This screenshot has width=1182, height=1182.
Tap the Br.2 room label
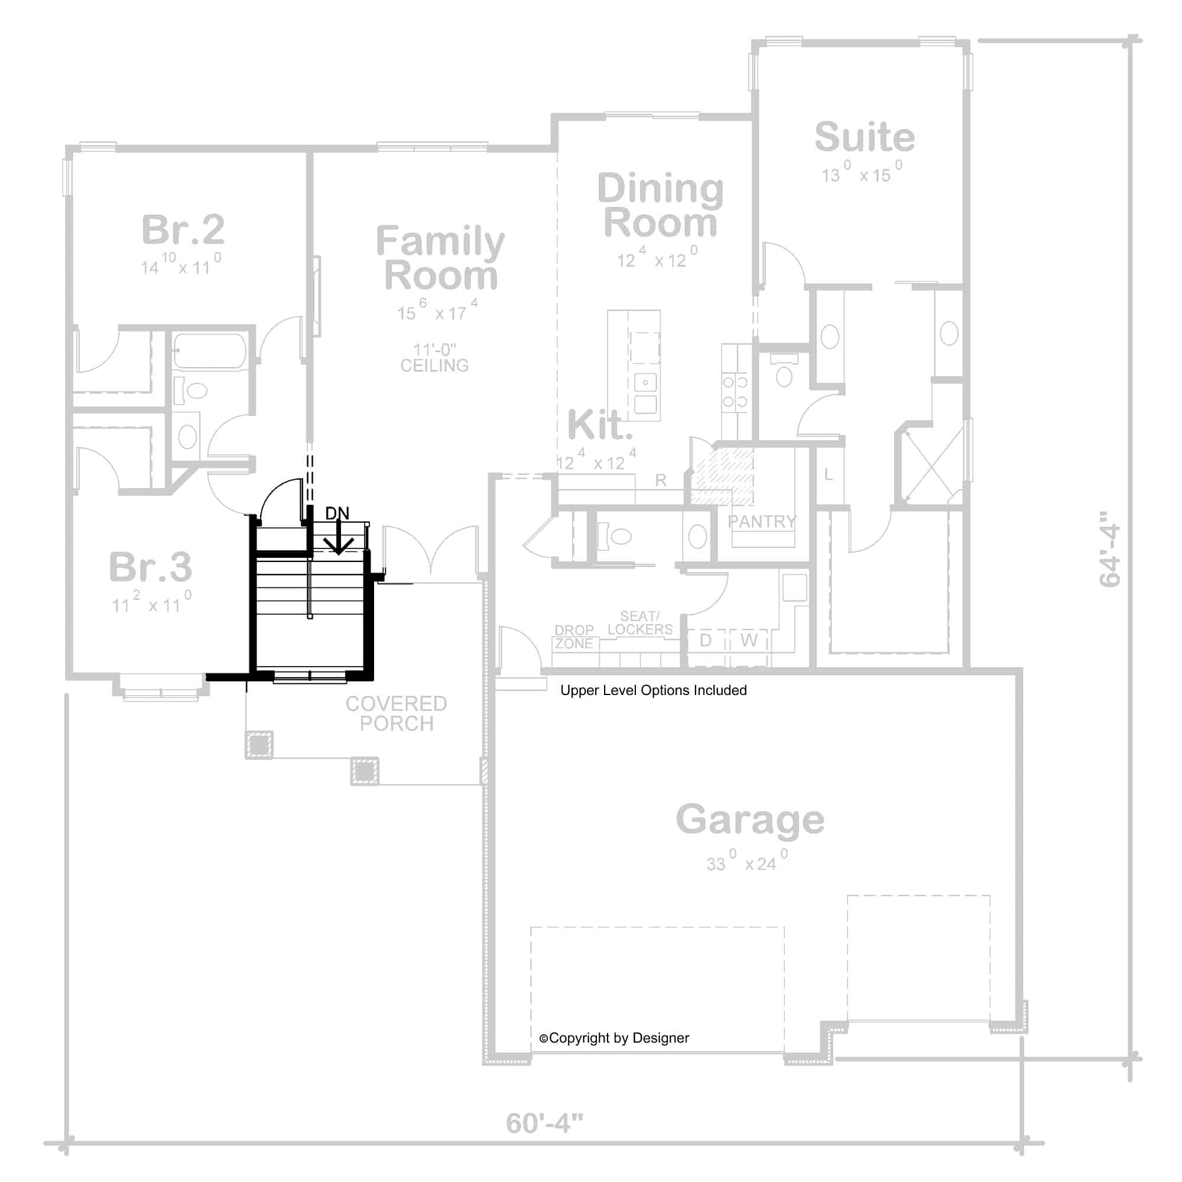[x=183, y=230]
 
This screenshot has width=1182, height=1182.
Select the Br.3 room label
[x=151, y=567]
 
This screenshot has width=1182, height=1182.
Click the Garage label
[x=749, y=819]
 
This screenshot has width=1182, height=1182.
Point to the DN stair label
[x=337, y=514]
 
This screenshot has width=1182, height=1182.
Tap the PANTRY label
[x=762, y=521]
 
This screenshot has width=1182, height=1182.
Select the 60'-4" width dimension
[x=544, y=1123]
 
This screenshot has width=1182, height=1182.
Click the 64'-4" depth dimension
[x=1110, y=549]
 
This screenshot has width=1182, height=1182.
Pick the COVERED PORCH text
[x=397, y=713]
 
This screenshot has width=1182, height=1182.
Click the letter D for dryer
[x=706, y=640]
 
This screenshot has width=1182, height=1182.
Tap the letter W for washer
[x=749, y=640]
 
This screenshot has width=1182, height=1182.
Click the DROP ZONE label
[x=574, y=637]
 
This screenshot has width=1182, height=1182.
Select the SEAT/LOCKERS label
[x=640, y=623]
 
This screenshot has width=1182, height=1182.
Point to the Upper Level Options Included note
[x=654, y=690]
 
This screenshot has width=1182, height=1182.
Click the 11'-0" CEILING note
[x=434, y=358]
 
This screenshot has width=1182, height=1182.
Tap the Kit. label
[x=599, y=425]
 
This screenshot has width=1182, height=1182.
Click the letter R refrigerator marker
[x=661, y=480]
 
